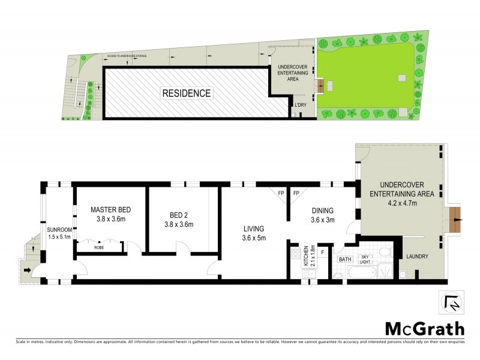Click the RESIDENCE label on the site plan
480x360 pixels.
[185, 93]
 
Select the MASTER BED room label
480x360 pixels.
[111, 210]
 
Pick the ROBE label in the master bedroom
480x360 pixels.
[100, 247]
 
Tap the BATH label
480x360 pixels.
[345, 259]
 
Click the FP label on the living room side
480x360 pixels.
[280, 193]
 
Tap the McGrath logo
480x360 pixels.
[424, 328]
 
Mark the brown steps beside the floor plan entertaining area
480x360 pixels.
[455, 220]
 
